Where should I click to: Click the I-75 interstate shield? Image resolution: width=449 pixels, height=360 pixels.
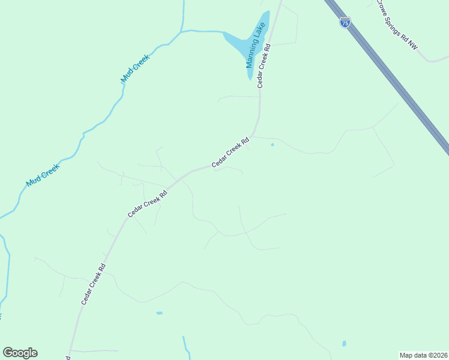click(345, 23)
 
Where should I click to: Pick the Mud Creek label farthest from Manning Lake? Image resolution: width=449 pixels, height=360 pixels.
click(43, 175)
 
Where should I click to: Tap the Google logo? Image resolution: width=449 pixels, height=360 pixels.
click(20, 353)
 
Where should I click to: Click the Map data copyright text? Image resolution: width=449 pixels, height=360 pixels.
click(424, 355)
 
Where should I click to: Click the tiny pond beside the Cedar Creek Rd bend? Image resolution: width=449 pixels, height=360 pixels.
click(273, 145)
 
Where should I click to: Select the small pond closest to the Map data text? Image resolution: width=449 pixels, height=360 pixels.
click(344, 344)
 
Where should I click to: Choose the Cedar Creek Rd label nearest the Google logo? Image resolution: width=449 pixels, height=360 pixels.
click(94, 284)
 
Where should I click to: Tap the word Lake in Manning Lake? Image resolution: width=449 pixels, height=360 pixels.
click(260, 34)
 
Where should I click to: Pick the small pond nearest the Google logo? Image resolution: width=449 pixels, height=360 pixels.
click(159, 313)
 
